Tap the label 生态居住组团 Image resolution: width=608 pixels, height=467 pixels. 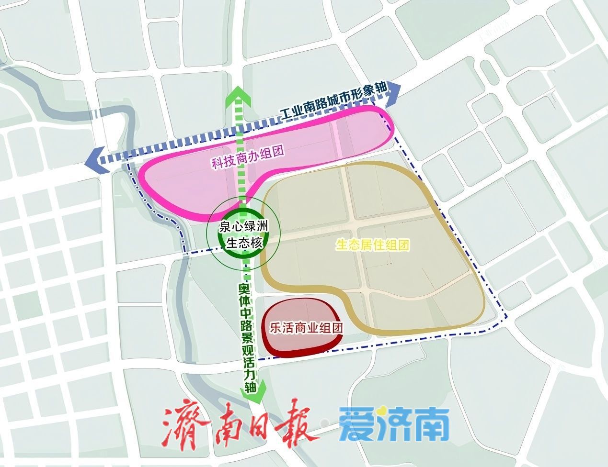coord(373,245)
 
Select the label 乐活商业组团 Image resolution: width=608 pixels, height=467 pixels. coord(300,328)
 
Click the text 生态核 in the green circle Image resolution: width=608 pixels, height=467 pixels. coord(244,243)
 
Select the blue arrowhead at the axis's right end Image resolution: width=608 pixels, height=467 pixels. coord(394,90)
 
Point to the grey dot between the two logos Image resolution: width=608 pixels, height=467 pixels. coord(325,423)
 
